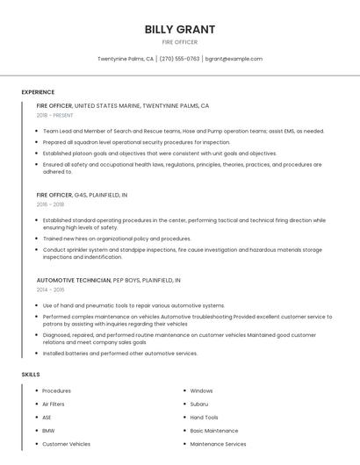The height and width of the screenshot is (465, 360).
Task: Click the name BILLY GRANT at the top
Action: coord(180,29)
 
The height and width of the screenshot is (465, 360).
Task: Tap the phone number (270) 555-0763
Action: coord(179,59)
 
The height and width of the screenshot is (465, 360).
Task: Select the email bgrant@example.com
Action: coord(234,59)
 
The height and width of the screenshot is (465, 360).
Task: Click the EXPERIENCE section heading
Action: coord(38,92)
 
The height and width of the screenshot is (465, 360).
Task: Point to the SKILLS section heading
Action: coord(31,375)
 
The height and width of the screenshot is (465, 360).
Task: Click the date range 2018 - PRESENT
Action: coord(55,115)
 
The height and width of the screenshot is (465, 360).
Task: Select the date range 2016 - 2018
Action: coord(50,204)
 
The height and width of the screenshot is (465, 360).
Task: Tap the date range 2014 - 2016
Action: coord(50,290)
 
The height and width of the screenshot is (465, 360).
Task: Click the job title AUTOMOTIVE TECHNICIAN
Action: coord(74,280)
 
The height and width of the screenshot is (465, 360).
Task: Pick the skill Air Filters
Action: coord(54,404)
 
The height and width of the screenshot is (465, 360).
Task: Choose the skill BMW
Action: coord(47,431)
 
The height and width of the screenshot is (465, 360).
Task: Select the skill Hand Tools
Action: coord(204,418)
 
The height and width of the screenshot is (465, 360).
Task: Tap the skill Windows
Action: coord(201,390)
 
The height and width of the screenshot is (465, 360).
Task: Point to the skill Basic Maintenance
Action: coord(213,431)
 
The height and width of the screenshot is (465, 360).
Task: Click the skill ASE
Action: coord(47,418)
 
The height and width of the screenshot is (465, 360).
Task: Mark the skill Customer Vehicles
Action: coord(66,444)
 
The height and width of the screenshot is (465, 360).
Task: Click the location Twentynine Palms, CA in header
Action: coord(126,59)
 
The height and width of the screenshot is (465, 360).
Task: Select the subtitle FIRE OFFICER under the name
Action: coord(180,42)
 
